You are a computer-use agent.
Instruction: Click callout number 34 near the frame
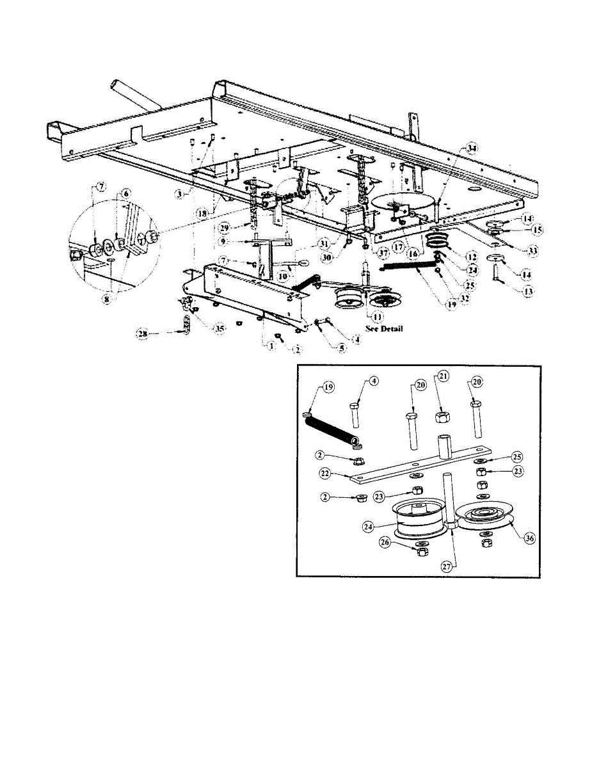click(472, 148)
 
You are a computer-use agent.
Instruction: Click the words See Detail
click(384, 328)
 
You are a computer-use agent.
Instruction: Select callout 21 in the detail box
click(440, 378)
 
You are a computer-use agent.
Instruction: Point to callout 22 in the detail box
click(326, 473)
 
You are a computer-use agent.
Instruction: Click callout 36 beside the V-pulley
click(529, 538)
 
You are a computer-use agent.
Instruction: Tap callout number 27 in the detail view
click(445, 566)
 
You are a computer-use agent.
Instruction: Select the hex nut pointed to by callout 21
click(440, 417)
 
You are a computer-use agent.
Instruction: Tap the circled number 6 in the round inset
click(125, 192)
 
